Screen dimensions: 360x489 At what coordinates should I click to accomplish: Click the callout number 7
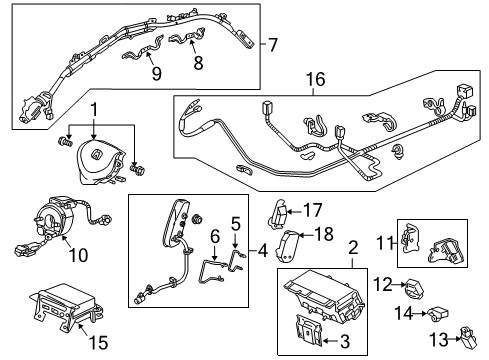[273, 45]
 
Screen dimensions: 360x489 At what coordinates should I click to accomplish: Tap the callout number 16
[316, 78]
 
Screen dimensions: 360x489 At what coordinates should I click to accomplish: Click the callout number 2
[351, 248]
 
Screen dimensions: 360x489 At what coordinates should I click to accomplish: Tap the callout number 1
[94, 109]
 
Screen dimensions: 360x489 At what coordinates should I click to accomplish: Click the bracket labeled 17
[283, 212]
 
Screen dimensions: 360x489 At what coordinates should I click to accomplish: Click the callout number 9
[154, 72]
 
